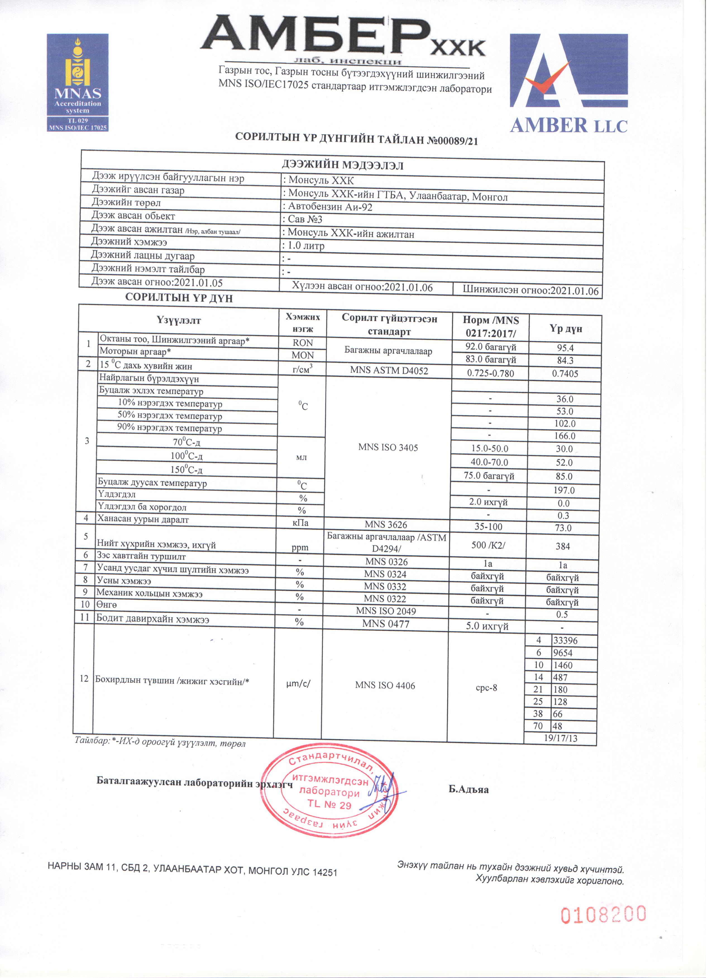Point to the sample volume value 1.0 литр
[306, 246]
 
